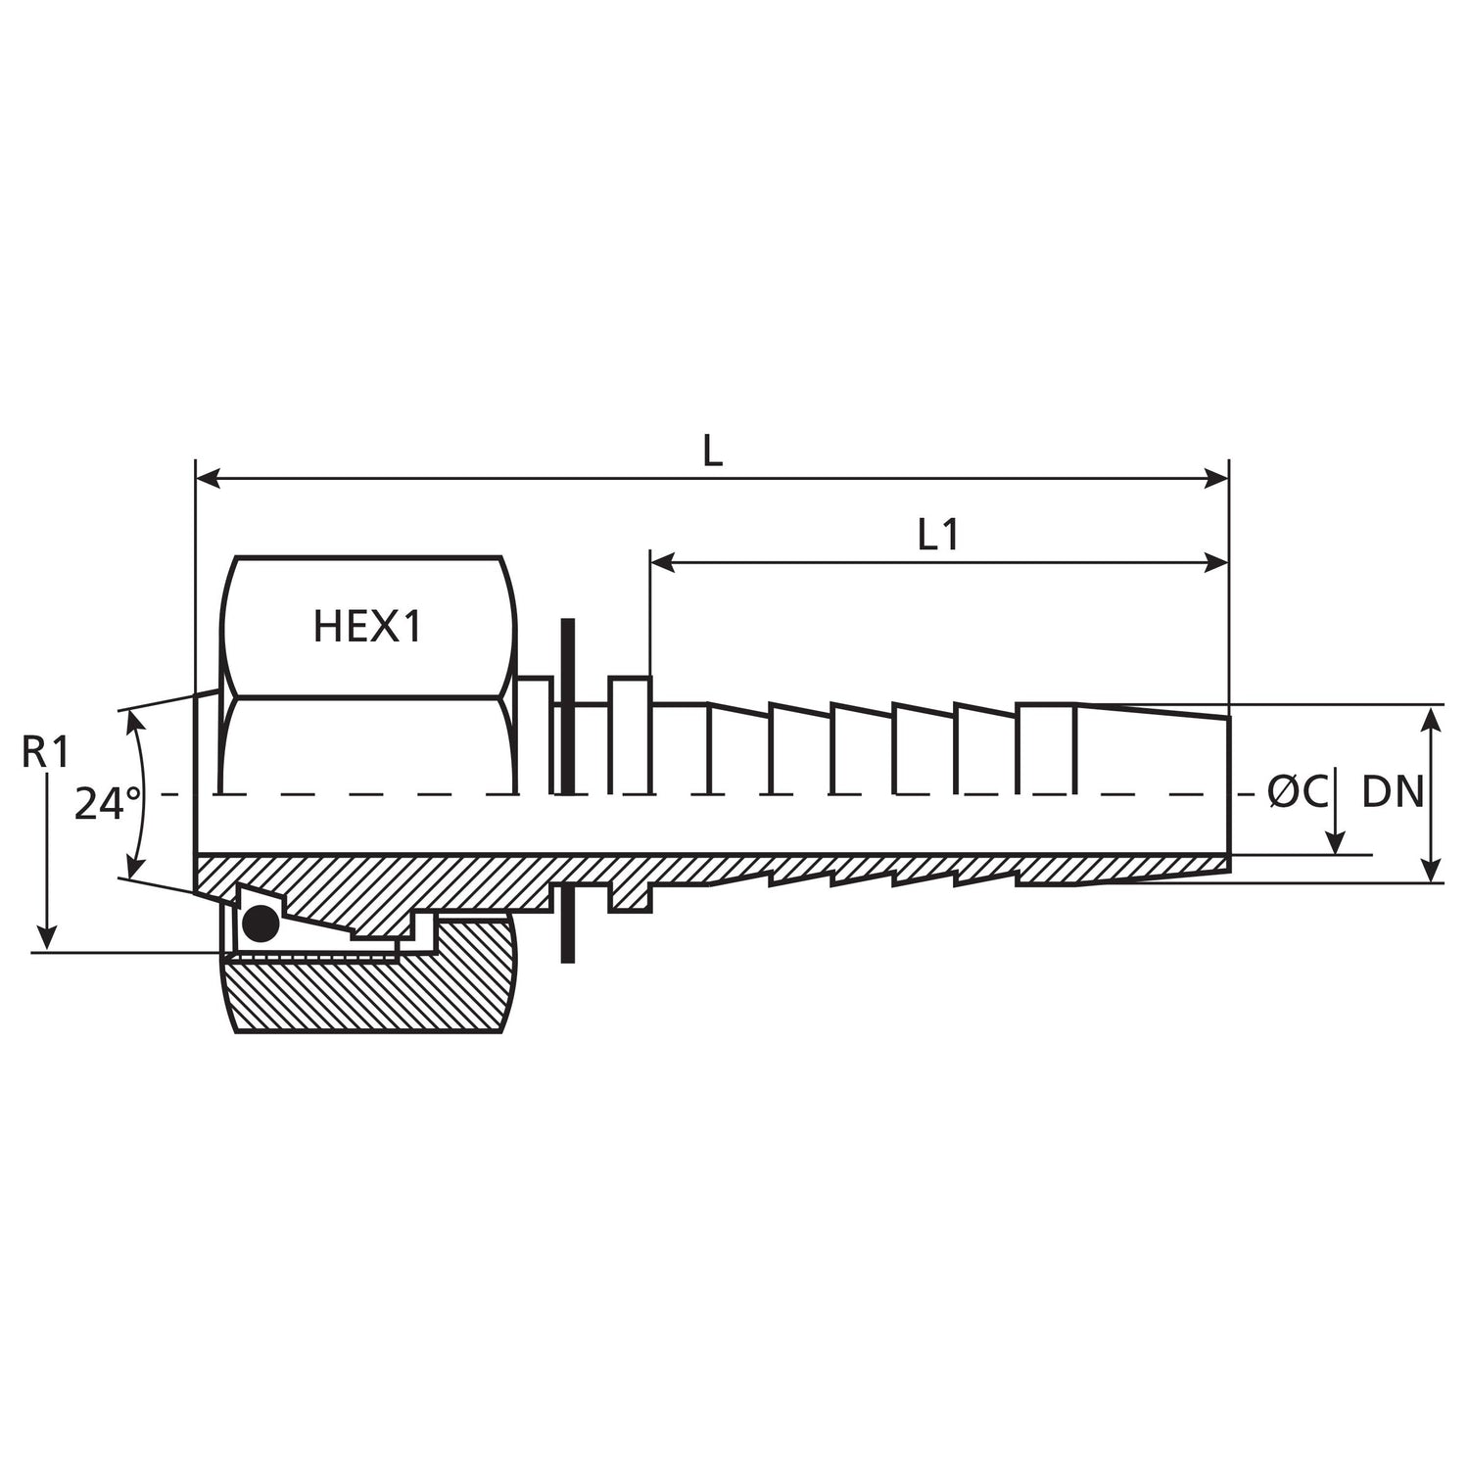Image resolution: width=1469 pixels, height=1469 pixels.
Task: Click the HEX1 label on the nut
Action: click(367, 627)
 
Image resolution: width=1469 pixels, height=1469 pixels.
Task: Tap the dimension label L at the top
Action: click(712, 450)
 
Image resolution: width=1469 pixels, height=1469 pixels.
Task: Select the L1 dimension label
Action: click(937, 535)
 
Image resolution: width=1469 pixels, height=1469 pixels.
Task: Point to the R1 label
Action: click(46, 752)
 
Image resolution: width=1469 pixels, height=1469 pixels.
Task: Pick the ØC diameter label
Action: click(1298, 792)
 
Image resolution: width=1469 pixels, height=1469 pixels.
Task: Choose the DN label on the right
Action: click(1393, 792)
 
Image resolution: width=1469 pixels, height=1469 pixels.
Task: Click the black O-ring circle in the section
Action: click(260, 923)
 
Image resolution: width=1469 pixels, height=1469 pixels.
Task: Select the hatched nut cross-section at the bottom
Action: click(372, 994)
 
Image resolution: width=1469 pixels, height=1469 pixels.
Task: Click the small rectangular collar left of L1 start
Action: click(630, 734)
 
